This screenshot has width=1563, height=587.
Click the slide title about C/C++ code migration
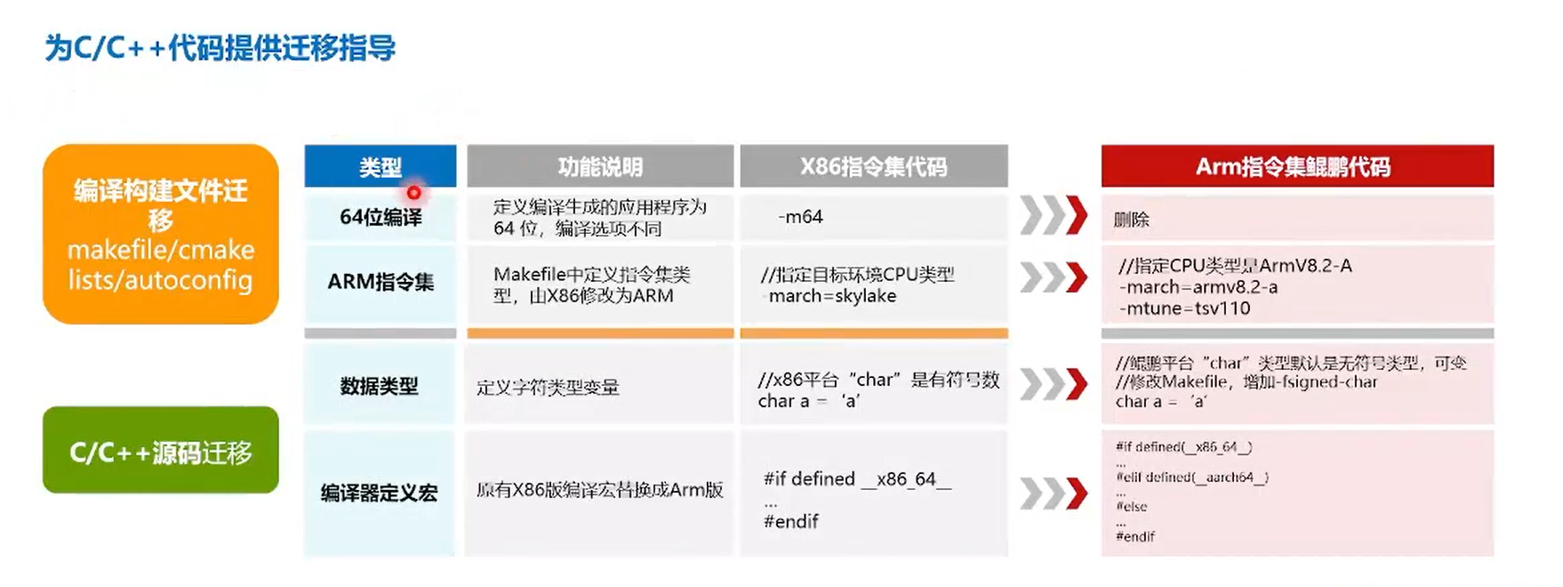tap(220, 48)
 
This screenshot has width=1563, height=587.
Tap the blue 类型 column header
tap(380, 166)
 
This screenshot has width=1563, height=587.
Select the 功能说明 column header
tap(600, 166)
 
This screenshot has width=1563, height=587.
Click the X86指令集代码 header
tap(873, 166)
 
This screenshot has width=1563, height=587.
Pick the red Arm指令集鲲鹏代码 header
tap(1296, 166)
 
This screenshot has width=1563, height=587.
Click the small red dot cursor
tap(414, 192)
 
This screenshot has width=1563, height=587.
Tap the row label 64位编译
tap(381, 217)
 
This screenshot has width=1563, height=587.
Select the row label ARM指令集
tap(381, 282)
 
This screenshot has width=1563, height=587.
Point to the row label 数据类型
tap(380, 386)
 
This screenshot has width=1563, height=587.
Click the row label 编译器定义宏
tap(380, 493)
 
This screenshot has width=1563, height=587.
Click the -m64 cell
tap(800, 217)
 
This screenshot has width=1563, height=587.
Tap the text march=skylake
tap(832, 296)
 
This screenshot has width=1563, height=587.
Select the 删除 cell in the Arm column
tap(1132, 220)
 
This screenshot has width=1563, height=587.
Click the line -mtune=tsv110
tap(1184, 309)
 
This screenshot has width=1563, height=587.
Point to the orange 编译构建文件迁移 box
tap(161, 234)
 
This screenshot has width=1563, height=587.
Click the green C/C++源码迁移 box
tap(161, 452)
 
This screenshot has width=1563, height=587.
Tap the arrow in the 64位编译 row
tap(1054, 216)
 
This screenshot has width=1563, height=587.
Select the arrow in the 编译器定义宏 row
tap(1054, 494)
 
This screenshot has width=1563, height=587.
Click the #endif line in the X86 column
tap(791, 522)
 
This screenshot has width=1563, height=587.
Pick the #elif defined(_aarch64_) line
tap(1192, 478)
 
